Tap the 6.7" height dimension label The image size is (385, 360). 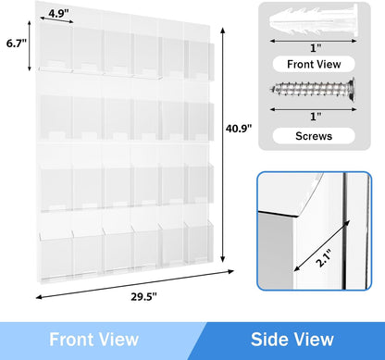click(x=14, y=43)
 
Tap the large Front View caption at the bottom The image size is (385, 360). click(x=95, y=338)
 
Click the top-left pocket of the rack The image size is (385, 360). click(x=58, y=56)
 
